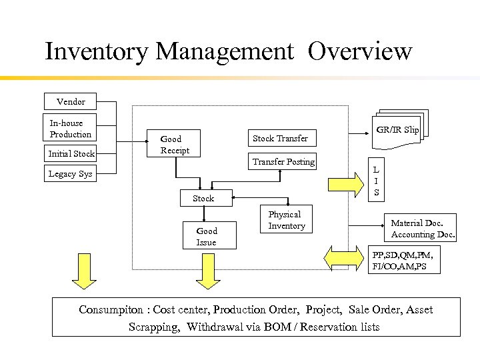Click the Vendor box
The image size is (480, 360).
(x=71, y=101)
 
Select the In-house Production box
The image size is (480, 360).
(x=71, y=129)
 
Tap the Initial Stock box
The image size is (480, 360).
(x=71, y=154)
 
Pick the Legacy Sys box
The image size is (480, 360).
(x=71, y=174)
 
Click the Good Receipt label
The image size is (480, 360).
(x=174, y=145)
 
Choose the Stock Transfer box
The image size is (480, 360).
(x=280, y=139)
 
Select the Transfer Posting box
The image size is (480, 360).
(x=283, y=161)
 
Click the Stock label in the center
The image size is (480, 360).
(x=203, y=198)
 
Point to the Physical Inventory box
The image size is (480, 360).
(x=287, y=220)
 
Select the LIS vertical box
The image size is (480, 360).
(x=376, y=181)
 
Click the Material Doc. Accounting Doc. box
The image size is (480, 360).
(x=423, y=229)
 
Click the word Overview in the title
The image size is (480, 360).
(x=360, y=51)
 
